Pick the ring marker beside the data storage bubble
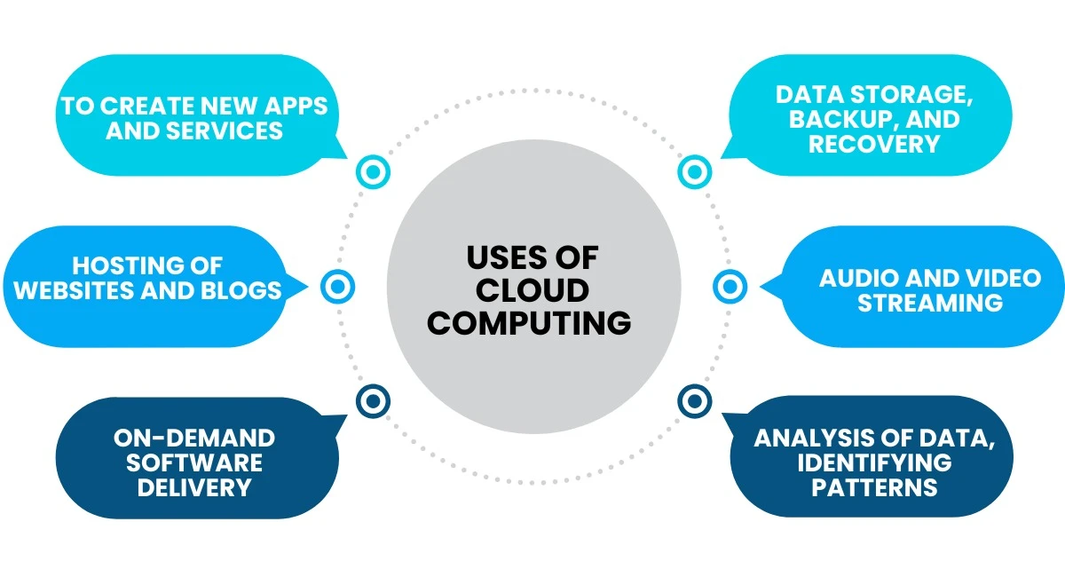[694, 170]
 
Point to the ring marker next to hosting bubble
[337, 286]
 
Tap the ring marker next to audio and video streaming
[729, 286]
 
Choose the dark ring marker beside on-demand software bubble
[373, 401]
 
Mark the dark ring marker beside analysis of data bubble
[694, 401]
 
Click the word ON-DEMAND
[194, 438]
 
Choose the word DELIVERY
[194, 486]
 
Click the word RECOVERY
[874, 144]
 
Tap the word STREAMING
[930, 303]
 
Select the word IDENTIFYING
[874, 462]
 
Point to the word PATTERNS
[874, 486]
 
